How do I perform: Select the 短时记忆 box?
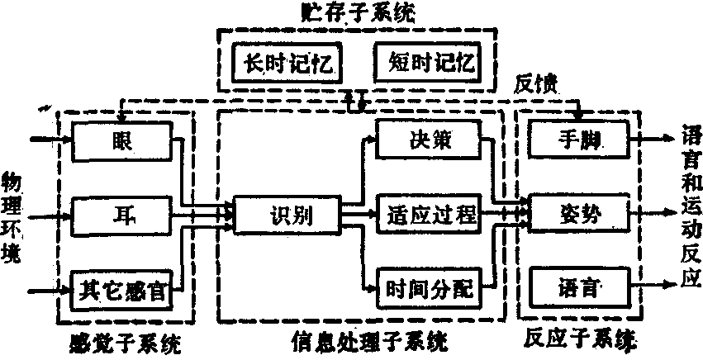[x=426, y=62]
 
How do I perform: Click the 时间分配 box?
[x=429, y=289]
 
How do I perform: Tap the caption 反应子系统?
[x=583, y=339]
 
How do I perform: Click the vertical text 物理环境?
[x=12, y=217]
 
